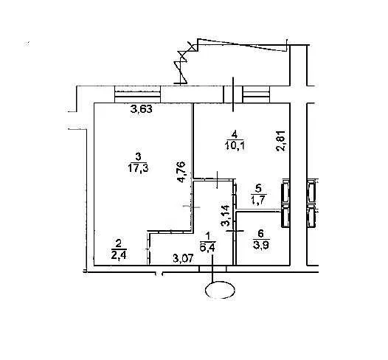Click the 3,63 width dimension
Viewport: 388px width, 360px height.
click(142, 109)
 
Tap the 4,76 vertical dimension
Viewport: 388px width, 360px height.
click(181, 172)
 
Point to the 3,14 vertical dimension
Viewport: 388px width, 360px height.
click(226, 215)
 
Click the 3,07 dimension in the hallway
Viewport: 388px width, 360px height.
click(183, 259)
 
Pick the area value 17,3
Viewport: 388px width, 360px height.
click(138, 168)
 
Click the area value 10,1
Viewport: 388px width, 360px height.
click(235, 145)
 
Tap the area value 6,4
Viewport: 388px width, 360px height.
click(207, 247)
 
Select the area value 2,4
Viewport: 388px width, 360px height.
click(119, 255)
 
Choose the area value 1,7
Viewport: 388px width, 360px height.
click(258, 200)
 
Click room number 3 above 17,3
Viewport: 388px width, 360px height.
click(138, 156)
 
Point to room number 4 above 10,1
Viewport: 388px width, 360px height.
click(235, 134)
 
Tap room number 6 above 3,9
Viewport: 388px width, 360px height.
click(260, 233)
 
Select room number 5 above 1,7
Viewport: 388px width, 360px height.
click(258, 189)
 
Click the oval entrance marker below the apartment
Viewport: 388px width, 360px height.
click(221, 290)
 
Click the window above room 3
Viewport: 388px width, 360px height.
click(138, 94)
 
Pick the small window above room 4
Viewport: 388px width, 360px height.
click(257, 94)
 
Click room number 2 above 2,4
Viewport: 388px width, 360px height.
click(119, 243)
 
